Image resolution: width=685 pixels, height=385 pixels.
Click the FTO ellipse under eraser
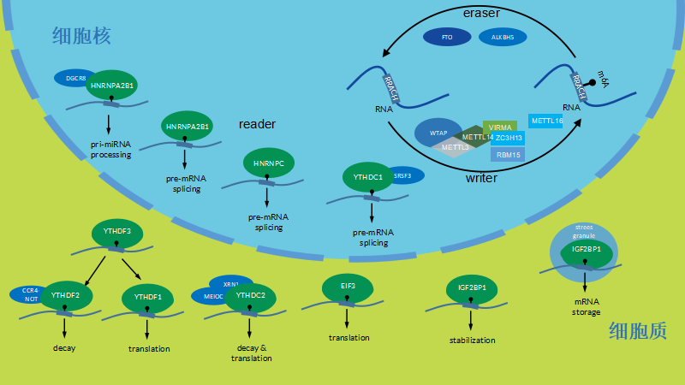pyautogui.click(x=446, y=38)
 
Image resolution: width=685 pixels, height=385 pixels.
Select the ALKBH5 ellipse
pyautogui.click(x=503, y=38)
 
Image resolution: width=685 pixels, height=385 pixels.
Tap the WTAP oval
pyautogui.click(x=438, y=133)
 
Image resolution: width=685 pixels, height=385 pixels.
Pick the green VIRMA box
pyautogui.click(x=501, y=127)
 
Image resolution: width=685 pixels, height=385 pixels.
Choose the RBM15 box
pyautogui.click(x=508, y=155)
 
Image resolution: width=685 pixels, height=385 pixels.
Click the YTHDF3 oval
pyautogui.click(x=116, y=231)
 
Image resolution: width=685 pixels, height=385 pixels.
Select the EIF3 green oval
pyautogui.click(x=347, y=287)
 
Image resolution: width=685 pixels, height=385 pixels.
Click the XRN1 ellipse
pyautogui.click(x=229, y=283)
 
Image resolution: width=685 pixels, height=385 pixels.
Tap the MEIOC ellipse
pyautogui.click(x=214, y=296)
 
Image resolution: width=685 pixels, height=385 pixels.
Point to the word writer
pyautogui.click(x=481, y=178)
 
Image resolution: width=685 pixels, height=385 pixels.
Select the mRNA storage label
pyautogui.click(x=586, y=306)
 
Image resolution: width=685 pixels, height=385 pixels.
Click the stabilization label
pyautogui.click(x=472, y=340)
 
